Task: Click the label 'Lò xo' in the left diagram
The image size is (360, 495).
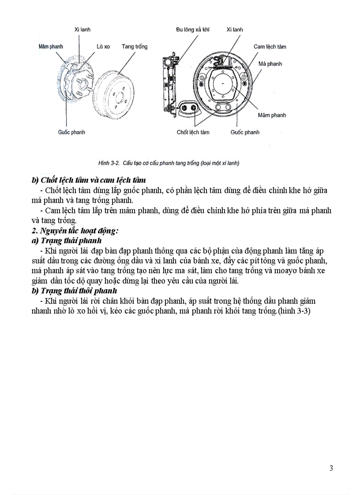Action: (103, 46)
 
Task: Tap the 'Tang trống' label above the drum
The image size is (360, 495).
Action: (135, 46)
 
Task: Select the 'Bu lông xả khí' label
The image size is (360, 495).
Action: (192, 30)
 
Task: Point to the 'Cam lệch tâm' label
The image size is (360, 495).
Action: (270, 46)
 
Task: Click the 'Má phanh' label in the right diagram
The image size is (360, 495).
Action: (270, 63)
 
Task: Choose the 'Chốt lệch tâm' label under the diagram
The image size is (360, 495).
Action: (193, 132)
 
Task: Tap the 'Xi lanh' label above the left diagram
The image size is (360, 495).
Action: (82, 30)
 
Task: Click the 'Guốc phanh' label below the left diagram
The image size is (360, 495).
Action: (71, 132)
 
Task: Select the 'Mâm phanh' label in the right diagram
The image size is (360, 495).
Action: (272, 115)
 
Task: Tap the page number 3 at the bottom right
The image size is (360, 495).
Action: (331, 468)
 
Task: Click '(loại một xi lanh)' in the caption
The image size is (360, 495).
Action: (219, 163)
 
